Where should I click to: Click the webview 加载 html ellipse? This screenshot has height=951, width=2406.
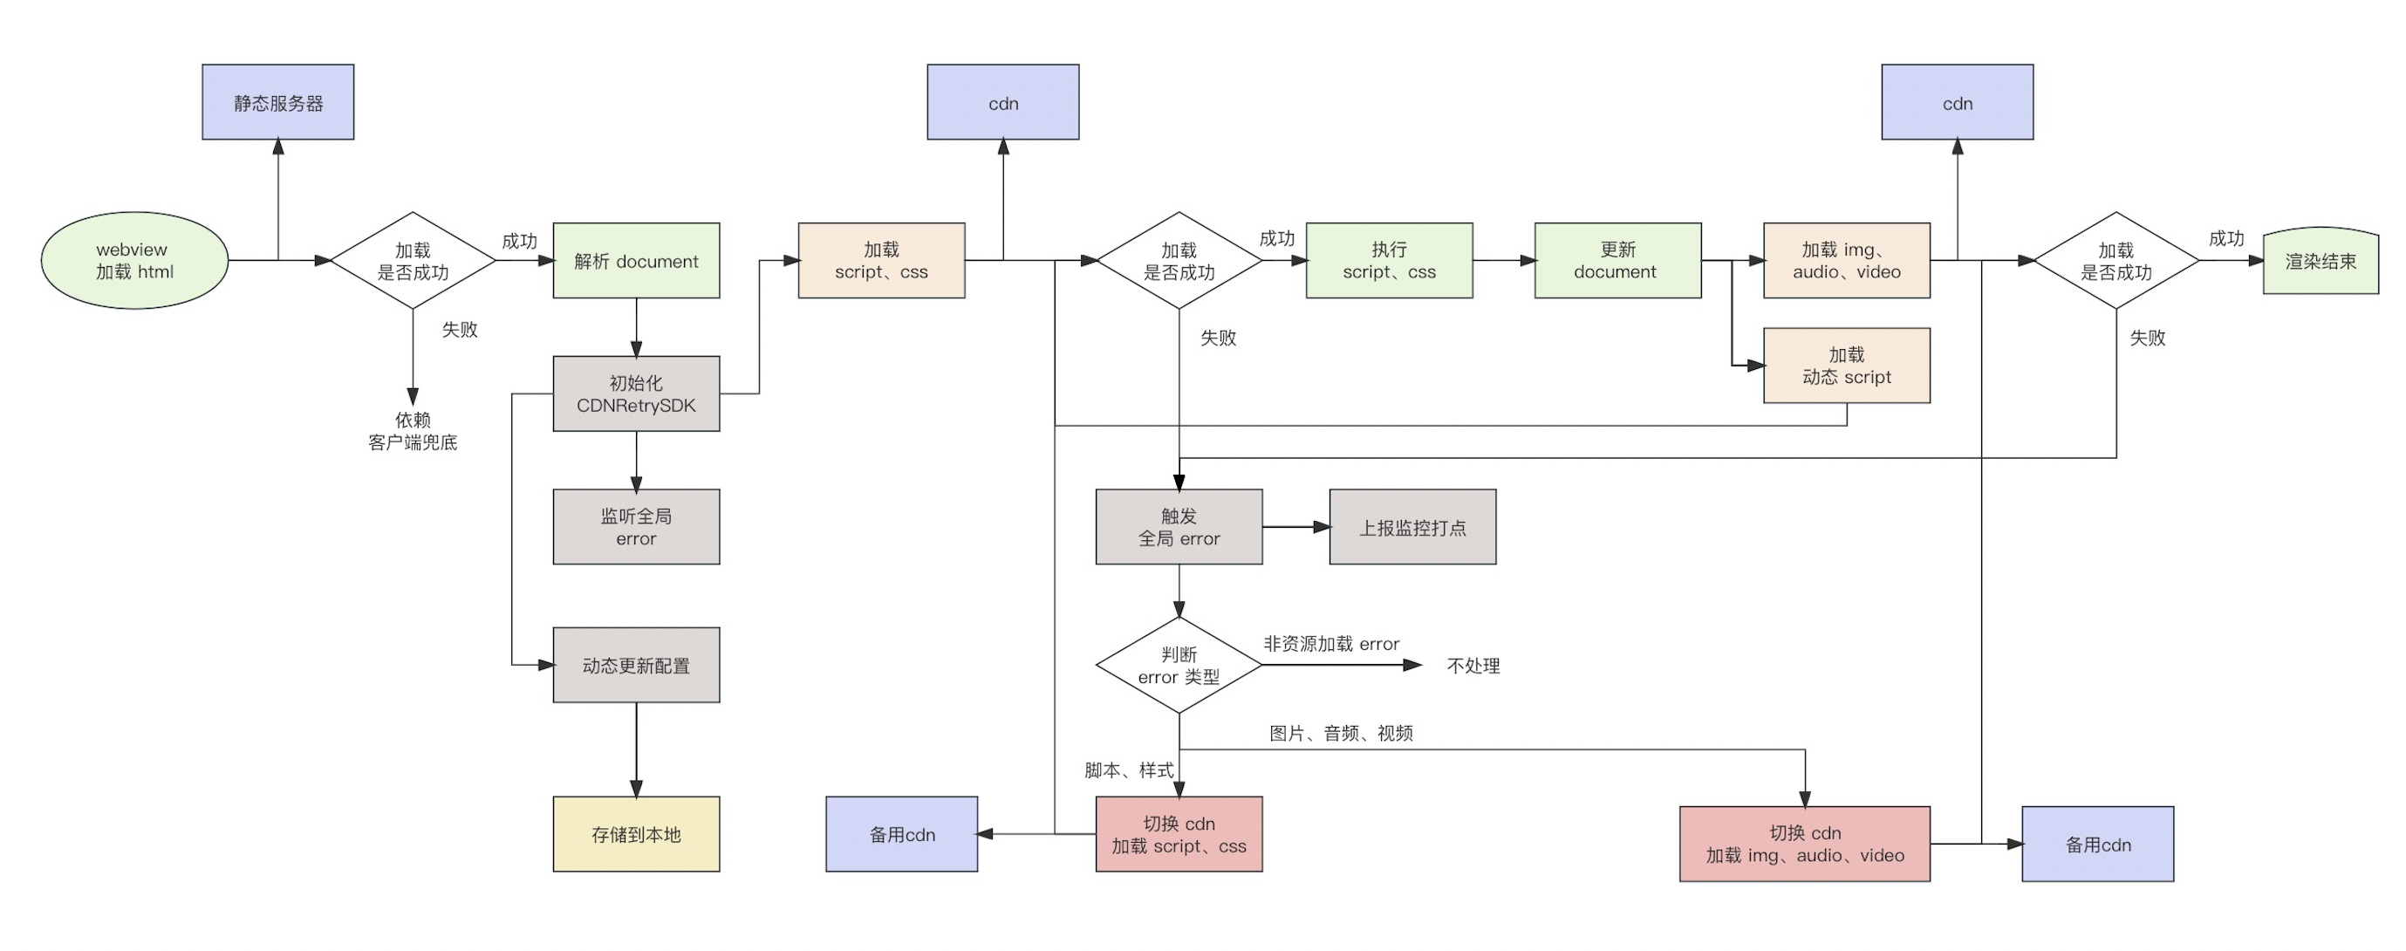[x=134, y=261]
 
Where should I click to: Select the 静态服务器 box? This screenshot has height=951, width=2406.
[x=278, y=103]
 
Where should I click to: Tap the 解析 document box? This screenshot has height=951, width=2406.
[x=636, y=261]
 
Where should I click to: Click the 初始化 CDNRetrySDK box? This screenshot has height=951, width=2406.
[x=636, y=393]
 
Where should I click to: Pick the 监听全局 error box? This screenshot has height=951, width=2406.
[x=636, y=527]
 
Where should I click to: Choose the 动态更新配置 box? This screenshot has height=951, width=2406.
[x=636, y=665]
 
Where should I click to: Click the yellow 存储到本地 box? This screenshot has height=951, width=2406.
[x=636, y=834]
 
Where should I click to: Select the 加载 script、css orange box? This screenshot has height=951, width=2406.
[x=881, y=261]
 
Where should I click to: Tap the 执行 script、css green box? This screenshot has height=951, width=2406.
[x=1389, y=261]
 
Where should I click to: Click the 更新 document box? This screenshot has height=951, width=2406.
[x=1617, y=261]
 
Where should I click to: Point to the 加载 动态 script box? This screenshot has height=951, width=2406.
[x=1847, y=366]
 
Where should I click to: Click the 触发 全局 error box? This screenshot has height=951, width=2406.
[x=1179, y=527]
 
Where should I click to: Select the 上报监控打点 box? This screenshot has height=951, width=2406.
[x=1412, y=527]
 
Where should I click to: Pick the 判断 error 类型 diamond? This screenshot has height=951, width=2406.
[x=1179, y=665]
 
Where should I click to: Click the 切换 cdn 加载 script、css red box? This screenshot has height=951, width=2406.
[x=1179, y=834]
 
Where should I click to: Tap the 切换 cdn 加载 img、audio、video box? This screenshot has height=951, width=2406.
[x=1804, y=844]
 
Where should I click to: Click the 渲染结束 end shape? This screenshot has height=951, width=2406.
[x=2321, y=262]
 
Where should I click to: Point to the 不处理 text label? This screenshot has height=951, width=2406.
[x=1473, y=666]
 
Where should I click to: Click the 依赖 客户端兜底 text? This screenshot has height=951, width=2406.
[x=413, y=431]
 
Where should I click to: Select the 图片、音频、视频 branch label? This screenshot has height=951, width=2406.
[x=1340, y=734]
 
